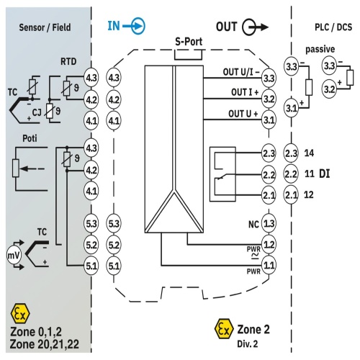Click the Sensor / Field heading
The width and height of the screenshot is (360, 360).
pyautogui.click(x=45, y=27)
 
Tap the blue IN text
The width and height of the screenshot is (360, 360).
pyautogui.click(x=114, y=26)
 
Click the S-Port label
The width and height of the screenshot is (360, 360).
pyautogui.click(x=189, y=42)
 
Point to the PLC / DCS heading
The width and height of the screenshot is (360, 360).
pyautogui.click(x=333, y=27)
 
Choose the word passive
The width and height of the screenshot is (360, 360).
pyautogui.click(x=320, y=49)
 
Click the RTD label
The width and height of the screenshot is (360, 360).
pyautogui.click(x=68, y=62)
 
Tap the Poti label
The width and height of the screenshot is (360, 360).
pyautogui.click(x=30, y=138)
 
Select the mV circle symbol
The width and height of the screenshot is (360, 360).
pyautogui.click(x=14, y=256)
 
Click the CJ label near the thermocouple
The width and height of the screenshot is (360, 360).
pyautogui.click(x=37, y=112)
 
